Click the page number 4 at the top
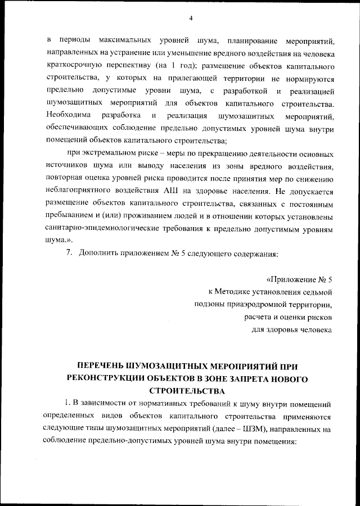tap(191, 18)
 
